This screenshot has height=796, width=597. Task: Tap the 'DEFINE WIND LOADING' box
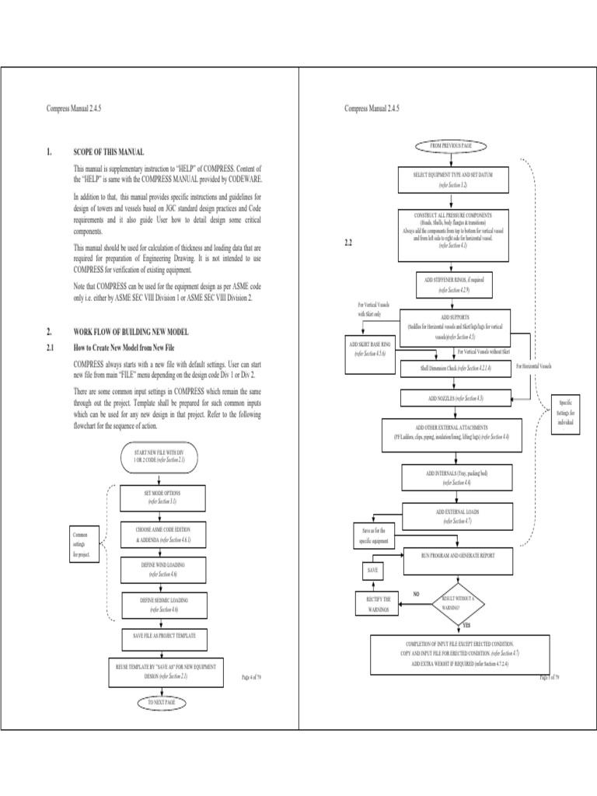tap(163, 567)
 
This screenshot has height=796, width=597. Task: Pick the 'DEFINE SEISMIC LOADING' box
tap(163, 605)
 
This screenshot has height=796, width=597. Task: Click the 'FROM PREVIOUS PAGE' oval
tap(452, 145)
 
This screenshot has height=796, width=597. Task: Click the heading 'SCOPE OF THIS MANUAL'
tap(108, 152)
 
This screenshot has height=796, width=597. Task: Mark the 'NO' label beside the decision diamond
tap(417, 593)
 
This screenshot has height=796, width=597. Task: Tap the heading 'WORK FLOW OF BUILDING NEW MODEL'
tap(131, 331)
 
